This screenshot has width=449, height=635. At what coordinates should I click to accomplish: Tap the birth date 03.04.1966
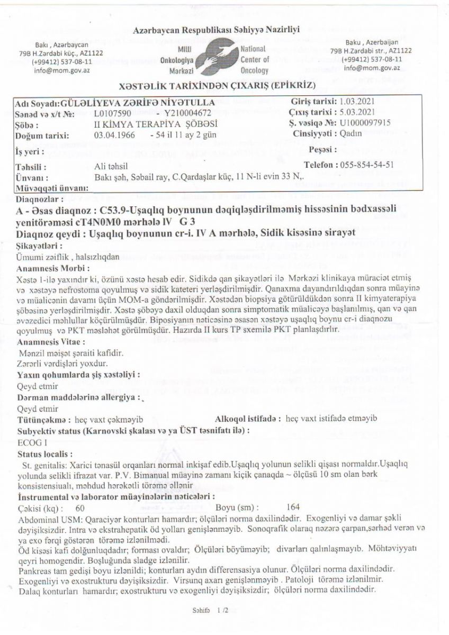point(113,135)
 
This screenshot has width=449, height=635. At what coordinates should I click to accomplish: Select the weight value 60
point(80,507)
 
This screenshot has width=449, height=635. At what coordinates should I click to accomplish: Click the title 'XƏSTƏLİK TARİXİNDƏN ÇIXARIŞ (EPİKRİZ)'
point(219,86)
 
